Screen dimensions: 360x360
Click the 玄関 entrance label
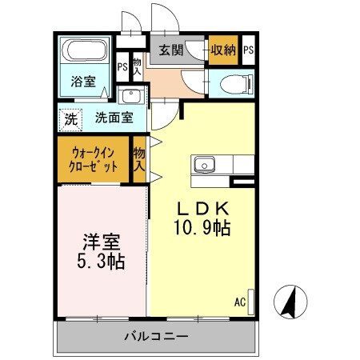click(170, 50)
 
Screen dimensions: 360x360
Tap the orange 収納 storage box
click(223, 50)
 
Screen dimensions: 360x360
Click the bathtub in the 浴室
click(86, 51)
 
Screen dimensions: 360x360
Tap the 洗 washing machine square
click(71, 118)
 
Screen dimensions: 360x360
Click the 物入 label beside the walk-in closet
click(140, 158)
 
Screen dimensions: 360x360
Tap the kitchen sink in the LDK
click(205, 166)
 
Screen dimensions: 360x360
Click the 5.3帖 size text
click(100, 261)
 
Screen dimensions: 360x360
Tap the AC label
click(239, 302)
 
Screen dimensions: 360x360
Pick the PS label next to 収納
click(249, 50)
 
